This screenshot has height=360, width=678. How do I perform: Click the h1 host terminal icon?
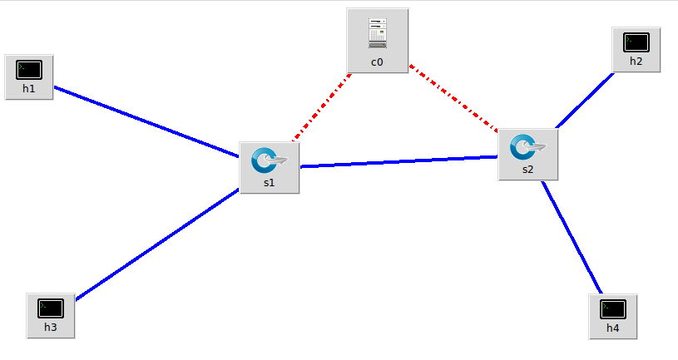[29, 70]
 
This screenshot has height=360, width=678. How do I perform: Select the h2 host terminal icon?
[636, 42]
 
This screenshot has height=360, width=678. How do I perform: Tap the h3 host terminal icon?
[51, 308]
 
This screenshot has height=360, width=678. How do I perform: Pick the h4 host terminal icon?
[613, 308]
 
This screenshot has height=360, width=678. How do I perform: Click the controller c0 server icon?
[378, 33]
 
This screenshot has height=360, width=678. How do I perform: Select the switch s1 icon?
[269, 160]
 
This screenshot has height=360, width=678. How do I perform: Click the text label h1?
[29, 88]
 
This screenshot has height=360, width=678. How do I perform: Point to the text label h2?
[636, 61]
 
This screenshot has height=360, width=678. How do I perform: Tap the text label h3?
[51, 327]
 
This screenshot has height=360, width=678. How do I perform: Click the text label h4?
[613, 328]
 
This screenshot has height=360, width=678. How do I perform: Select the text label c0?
[378, 62]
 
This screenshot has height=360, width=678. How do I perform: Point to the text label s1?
[269, 183]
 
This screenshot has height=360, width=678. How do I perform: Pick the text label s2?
[527, 169]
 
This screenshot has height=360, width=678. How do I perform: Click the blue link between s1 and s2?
[399, 161]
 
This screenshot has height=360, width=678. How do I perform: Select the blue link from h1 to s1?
[146, 121]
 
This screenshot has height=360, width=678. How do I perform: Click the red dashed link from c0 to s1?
[323, 106]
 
